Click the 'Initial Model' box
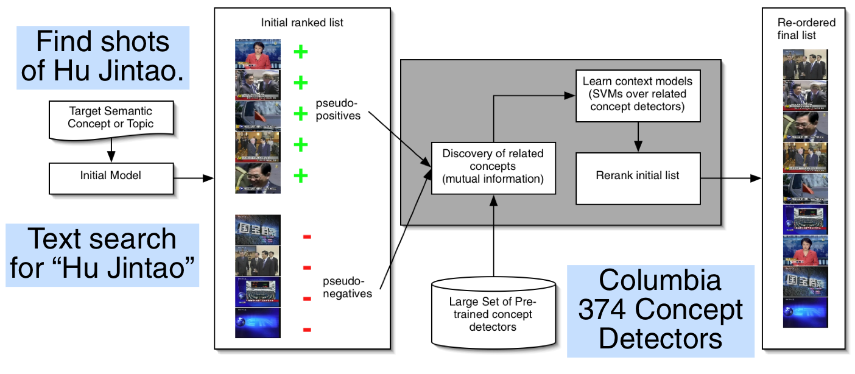point(111,176)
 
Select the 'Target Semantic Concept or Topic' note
point(110,118)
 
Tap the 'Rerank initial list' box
point(638,175)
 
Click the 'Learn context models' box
point(638,94)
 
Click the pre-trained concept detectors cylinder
point(493,311)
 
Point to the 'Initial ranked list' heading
point(302,23)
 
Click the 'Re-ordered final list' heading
point(806,29)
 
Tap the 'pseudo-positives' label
point(339,109)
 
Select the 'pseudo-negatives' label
point(347,287)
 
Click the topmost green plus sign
point(301,52)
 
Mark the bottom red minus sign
point(307,330)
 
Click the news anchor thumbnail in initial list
point(258,54)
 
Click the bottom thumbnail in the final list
point(805,312)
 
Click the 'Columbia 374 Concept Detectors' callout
point(660,310)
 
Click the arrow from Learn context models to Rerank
point(638,136)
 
